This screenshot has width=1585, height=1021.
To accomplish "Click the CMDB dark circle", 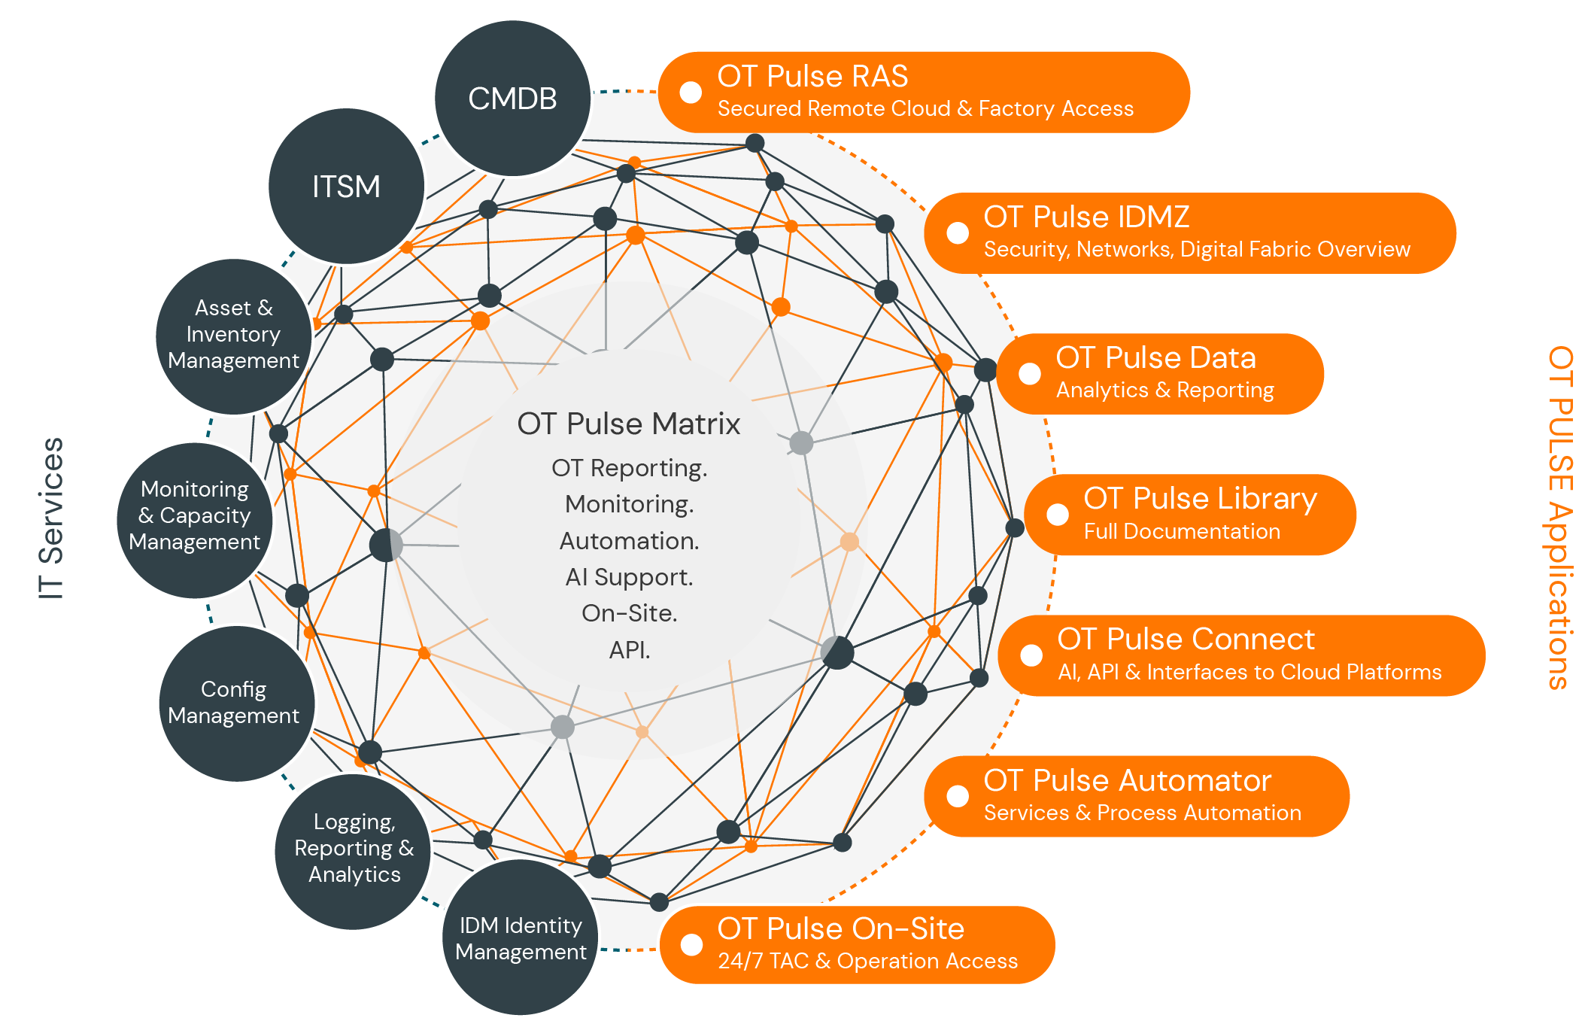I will pos(512,99).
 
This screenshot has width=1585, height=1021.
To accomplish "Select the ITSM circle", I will pos(346,187).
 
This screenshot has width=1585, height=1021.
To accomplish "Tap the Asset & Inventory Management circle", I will pos(233,335).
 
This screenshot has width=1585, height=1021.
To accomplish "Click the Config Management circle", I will pos(235,703).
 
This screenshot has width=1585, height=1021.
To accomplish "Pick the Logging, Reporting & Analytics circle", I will pos(354,850).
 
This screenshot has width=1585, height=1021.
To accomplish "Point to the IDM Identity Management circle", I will pos(521,938).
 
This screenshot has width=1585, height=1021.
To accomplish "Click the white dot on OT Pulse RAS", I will pos(691,92).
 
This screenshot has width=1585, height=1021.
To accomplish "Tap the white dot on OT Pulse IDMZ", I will pos(958,232).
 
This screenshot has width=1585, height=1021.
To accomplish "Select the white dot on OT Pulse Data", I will pos(1029,373).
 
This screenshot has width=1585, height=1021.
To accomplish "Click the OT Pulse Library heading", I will pos(1200,499).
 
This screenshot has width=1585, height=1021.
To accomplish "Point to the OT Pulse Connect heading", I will pos(1186,640).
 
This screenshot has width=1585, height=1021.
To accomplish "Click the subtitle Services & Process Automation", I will pos(1142,813).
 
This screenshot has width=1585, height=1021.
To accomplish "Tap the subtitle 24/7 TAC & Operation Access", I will pos(867,962).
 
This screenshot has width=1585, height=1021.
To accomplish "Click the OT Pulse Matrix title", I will pos(628,424).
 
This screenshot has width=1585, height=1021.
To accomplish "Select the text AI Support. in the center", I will pos(629,577).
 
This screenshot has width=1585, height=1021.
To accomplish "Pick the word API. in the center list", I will pos(629,649).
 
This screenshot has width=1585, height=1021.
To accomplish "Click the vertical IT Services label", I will pos(51,518).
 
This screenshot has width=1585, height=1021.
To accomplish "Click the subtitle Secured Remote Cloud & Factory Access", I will pos(925,109).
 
